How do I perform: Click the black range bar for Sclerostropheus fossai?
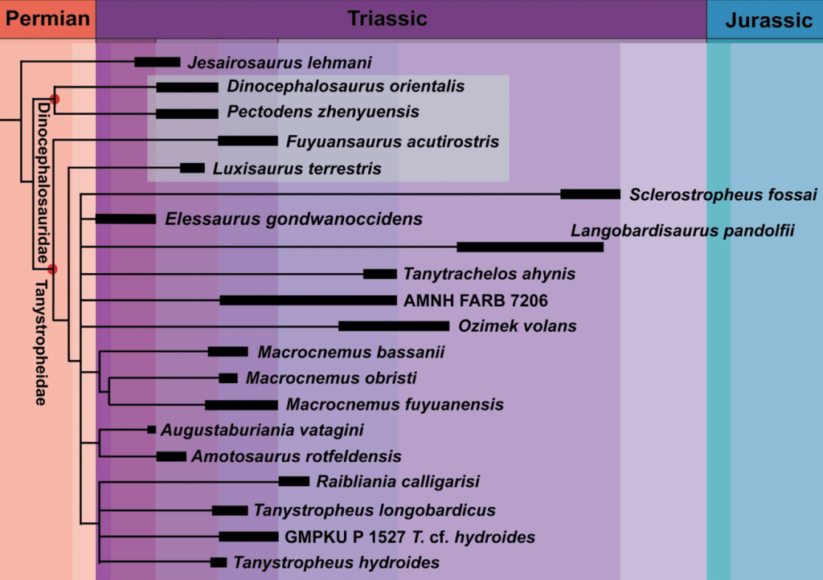590,194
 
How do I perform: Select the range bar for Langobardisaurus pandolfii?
530,247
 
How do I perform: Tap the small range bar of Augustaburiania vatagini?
152,430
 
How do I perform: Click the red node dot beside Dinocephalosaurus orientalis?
55,99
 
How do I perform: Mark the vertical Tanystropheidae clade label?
39,342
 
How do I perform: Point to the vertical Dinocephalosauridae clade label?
39,182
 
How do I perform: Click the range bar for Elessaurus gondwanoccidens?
125,219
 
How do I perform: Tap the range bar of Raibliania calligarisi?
294,481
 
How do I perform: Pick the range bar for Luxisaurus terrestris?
192,168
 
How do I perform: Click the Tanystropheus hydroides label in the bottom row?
336,562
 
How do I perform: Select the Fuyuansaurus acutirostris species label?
392,141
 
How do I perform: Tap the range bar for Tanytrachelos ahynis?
380,274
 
